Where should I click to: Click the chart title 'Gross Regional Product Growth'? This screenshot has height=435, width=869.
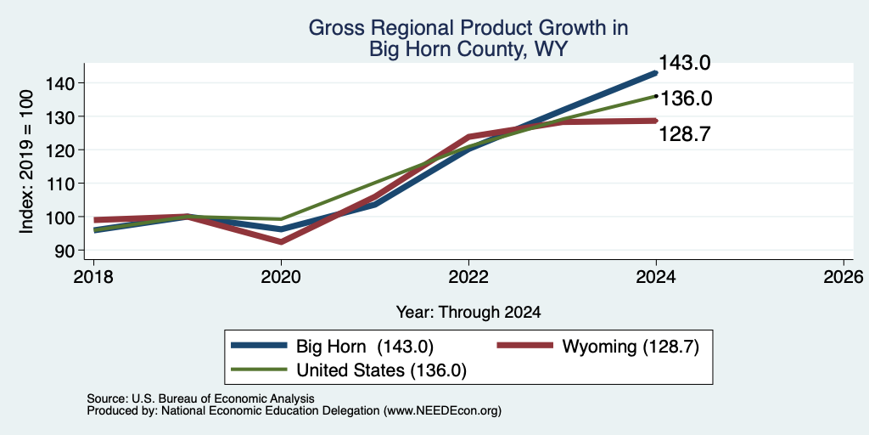click(x=468, y=28)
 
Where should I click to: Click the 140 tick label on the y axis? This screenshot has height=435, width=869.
click(x=67, y=83)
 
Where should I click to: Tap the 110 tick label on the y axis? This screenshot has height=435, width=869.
click(x=67, y=184)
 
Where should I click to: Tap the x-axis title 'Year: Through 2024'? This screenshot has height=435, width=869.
click(x=468, y=313)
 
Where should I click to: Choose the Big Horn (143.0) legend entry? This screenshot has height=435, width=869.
click(x=332, y=347)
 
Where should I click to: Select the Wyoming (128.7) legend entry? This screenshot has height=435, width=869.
click(x=598, y=347)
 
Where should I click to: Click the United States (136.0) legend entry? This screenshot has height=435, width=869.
click(x=349, y=370)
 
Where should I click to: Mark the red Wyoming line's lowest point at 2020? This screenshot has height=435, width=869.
click(x=282, y=242)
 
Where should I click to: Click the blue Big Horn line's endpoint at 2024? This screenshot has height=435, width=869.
click(x=655, y=73)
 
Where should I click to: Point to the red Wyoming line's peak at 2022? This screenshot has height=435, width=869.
click(x=468, y=137)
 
